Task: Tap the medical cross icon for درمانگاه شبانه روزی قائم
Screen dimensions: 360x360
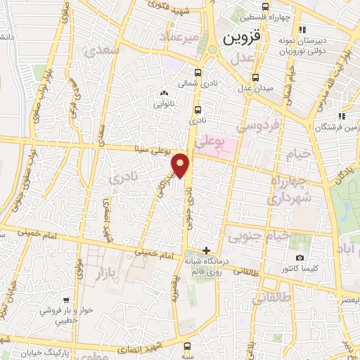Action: coord(206,250)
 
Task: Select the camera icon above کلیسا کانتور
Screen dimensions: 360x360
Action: coord(300,258)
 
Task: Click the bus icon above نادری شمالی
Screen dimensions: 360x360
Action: coord(198,73)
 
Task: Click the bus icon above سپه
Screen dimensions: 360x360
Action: coord(187,346)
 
